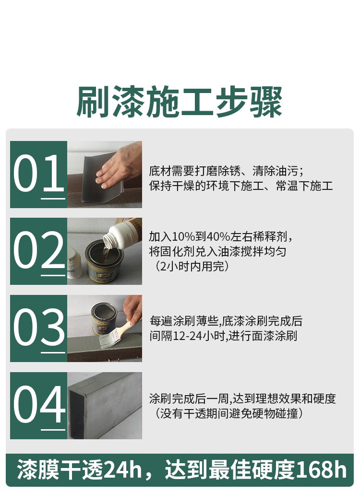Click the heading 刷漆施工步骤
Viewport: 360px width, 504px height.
tap(180, 102)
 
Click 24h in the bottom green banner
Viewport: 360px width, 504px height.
tap(123, 470)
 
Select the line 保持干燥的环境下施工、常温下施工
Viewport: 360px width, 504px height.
tap(240, 186)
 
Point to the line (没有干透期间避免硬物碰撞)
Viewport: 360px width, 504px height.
tap(229, 413)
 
